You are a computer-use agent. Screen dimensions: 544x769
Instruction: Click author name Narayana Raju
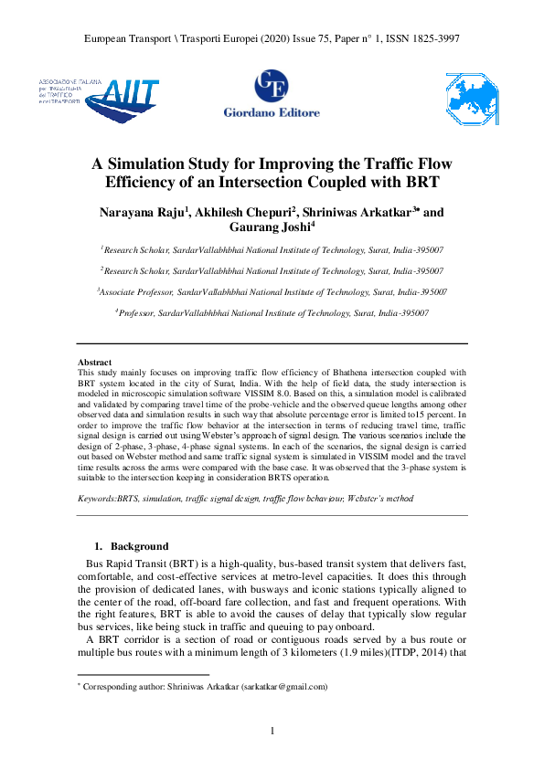[148, 213]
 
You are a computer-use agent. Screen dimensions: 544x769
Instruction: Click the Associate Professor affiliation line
[272, 292]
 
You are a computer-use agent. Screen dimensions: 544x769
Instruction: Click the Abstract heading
[95, 363]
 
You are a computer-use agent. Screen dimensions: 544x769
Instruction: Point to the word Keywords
[97, 500]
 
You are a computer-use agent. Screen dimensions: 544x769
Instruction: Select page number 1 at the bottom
[272, 731]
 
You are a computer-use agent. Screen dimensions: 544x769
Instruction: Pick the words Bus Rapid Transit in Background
[130, 564]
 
